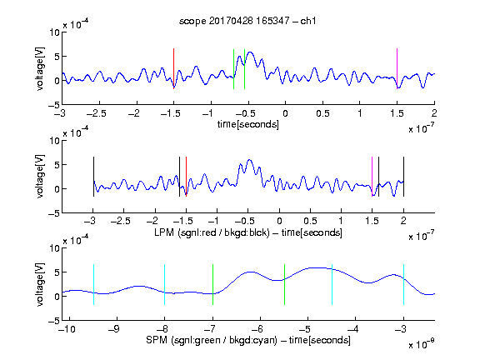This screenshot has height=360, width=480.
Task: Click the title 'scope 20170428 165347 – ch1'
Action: coord(247,21)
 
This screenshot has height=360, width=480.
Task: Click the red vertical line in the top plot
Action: coord(173,68)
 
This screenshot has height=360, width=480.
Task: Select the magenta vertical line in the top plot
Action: coord(397,68)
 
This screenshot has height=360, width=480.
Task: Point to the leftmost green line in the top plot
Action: coord(233,69)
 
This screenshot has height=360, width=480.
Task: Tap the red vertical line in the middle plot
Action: coord(186,177)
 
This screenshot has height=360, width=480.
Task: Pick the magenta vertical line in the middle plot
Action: coord(372,177)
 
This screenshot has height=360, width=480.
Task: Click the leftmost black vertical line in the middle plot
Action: coord(93,177)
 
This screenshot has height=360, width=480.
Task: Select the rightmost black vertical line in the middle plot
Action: coord(403,177)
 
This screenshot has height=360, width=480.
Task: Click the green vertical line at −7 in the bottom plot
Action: coord(212,284)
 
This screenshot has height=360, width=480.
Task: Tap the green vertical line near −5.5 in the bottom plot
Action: coord(284,284)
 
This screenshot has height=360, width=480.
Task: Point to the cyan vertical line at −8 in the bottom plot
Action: coord(164,284)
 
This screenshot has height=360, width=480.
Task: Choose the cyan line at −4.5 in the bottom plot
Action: coord(332,284)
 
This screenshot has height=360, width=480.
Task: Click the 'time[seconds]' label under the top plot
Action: coord(248,124)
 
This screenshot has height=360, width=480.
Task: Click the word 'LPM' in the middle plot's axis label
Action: coord(164,232)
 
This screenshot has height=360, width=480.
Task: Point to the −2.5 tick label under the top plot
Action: coord(96,113)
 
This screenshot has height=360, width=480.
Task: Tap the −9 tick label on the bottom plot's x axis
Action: coord(114,329)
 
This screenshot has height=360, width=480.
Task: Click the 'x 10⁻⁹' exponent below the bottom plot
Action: coord(422,344)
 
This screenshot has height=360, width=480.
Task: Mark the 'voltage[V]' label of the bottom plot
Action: coord(40,284)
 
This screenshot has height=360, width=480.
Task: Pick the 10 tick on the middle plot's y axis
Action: coord(54,141)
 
